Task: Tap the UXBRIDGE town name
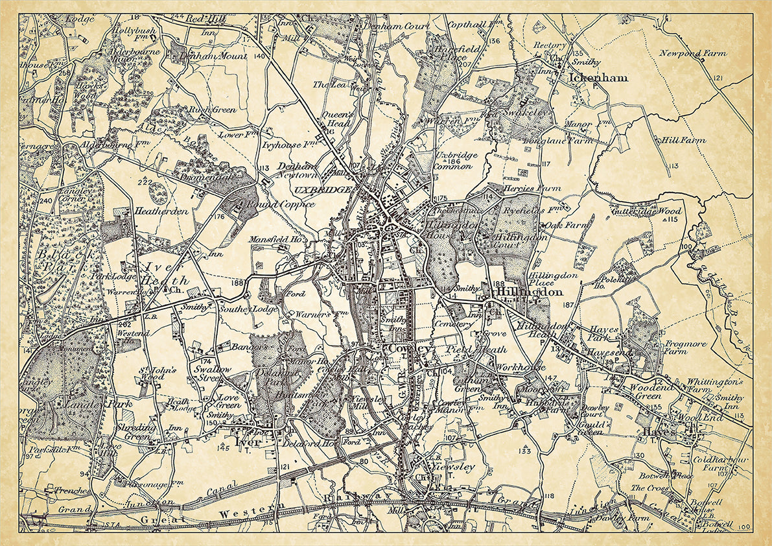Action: pyautogui.click(x=322, y=190)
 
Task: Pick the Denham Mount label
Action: pyautogui.click(x=213, y=56)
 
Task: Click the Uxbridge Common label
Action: pyautogui.click(x=456, y=161)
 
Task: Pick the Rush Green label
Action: pyautogui.click(x=213, y=110)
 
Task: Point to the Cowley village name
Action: pyautogui.click(x=410, y=350)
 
